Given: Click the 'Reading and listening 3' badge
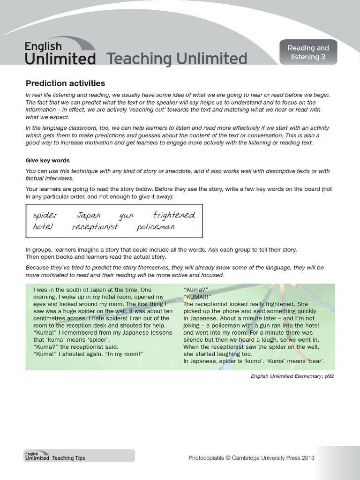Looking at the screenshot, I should [x=308, y=52].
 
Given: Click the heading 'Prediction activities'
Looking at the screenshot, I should [x=65, y=83].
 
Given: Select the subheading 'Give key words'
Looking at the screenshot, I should [x=47, y=160].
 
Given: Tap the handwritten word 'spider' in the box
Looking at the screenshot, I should [x=45, y=216].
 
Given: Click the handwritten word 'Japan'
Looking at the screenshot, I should [x=88, y=216].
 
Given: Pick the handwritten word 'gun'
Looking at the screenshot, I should [x=127, y=216].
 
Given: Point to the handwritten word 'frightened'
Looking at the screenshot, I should [x=174, y=215].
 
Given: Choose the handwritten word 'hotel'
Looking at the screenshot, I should [x=43, y=227].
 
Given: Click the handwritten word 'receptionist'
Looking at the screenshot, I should [x=95, y=227].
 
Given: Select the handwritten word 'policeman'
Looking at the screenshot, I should [x=156, y=227].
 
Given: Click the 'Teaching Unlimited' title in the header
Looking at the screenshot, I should [x=177, y=59].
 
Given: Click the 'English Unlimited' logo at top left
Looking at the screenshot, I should [x=60, y=53].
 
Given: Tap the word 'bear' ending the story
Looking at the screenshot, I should [x=315, y=361].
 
